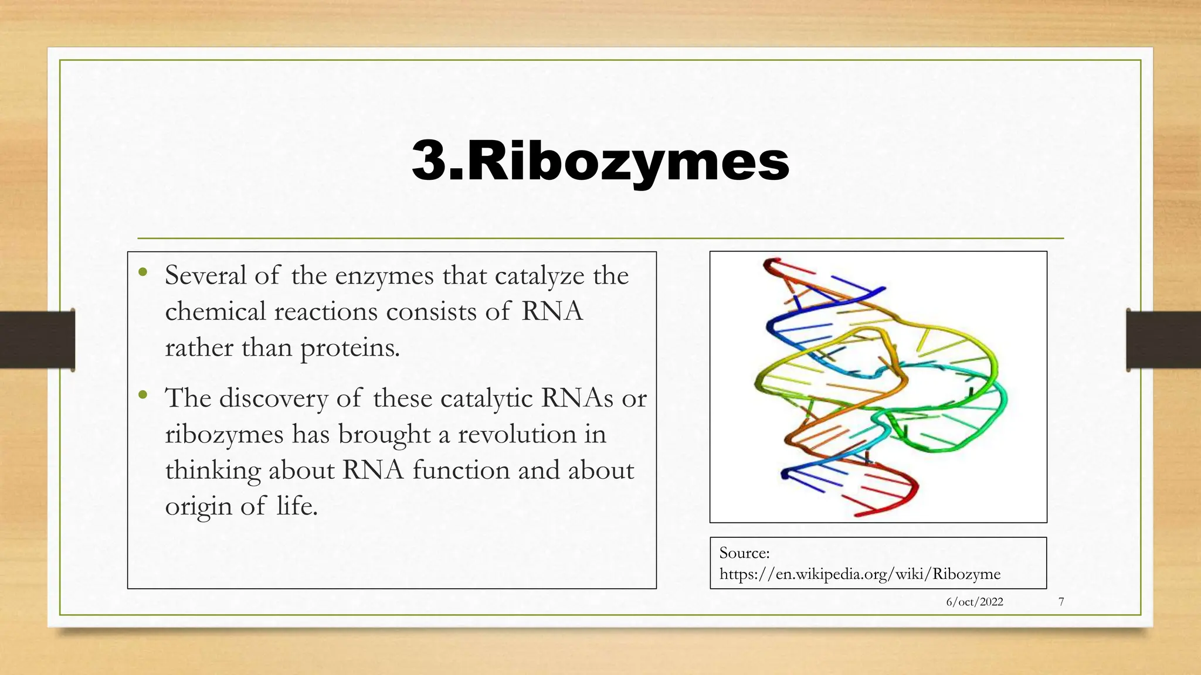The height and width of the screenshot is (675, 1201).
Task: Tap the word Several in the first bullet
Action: click(x=205, y=275)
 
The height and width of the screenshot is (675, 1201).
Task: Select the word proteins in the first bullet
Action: click(x=350, y=348)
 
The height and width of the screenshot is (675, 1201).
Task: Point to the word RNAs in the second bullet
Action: click(x=577, y=398)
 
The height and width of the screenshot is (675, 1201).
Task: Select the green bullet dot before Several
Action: click(x=143, y=272)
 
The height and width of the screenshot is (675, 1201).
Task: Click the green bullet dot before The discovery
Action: click(x=143, y=395)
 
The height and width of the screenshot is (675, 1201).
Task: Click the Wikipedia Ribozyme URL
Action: click(x=860, y=574)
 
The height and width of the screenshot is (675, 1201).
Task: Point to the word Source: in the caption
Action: click(x=744, y=553)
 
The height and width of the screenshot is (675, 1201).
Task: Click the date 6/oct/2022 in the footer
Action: click(x=974, y=602)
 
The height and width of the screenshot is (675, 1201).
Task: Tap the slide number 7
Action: click(x=1061, y=602)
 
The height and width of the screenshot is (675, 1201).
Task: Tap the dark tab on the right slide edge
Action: click(x=1163, y=340)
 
